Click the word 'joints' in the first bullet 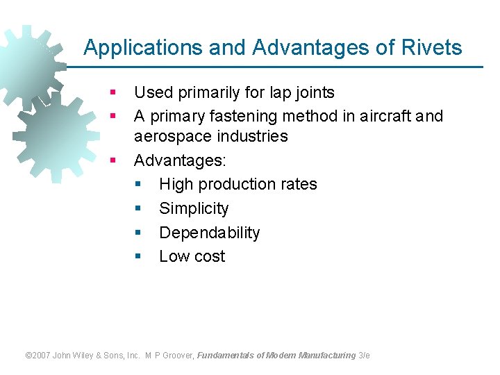coord(312,92)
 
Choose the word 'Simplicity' coord(194,208)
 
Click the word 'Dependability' coord(209,233)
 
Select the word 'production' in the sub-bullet coord(236,184)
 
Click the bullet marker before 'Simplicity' coord(137,208)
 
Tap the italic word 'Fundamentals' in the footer coord(225,356)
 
